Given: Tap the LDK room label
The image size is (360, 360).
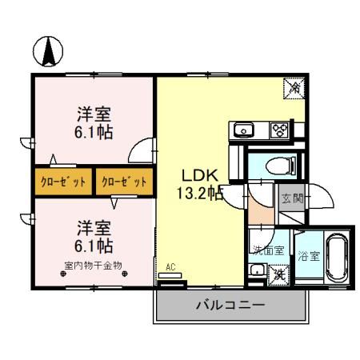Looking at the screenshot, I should (x=194, y=175).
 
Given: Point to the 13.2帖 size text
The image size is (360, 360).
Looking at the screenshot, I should (x=198, y=193).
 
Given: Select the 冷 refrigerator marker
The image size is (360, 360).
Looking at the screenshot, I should (x=294, y=88).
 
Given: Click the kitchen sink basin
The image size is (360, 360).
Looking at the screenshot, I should (x=242, y=130).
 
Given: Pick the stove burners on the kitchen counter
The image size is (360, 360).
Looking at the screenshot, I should (x=280, y=130).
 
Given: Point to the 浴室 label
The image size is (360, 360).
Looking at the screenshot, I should (x=308, y=257).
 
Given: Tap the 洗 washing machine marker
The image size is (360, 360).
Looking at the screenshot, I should (x=279, y=274).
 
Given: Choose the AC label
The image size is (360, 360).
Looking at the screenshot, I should (x=171, y=267).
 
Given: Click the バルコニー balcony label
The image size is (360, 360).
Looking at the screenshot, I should (x=230, y=306).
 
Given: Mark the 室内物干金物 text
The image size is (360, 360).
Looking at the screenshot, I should (x=94, y=265).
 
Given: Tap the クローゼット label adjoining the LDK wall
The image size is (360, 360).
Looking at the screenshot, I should (x=125, y=182).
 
